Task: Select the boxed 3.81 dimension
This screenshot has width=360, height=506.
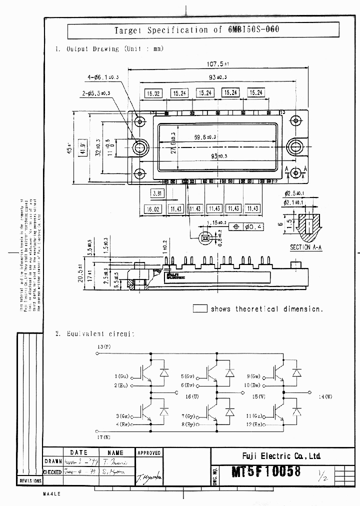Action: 157,193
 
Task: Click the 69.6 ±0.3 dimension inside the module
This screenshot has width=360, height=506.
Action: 205,137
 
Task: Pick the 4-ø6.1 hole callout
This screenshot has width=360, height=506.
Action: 103,77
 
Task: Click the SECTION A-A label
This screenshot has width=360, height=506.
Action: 307,247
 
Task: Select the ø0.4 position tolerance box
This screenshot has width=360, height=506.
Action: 252,226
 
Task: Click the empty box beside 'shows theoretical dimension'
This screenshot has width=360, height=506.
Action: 200,308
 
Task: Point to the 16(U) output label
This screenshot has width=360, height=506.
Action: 192,396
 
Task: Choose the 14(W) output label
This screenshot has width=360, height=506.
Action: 325,397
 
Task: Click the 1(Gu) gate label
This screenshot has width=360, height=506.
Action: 121,376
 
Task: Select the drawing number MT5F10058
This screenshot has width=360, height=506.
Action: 258,472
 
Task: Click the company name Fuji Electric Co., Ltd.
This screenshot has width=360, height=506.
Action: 285,455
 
